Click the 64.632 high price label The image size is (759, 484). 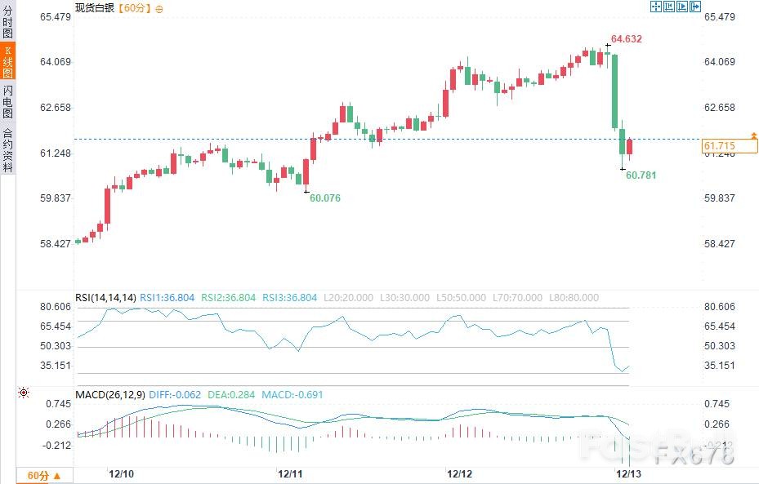coord(626,38)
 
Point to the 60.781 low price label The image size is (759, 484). coord(641,175)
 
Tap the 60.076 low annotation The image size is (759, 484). coord(325,198)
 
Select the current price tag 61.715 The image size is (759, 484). coord(720,146)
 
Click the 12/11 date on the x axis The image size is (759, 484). coord(291,474)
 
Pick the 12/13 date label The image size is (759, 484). coord(627,474)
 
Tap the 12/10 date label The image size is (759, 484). coord(122,474)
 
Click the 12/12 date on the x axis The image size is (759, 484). coord(459,474)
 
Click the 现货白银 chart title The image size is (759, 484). coord(95,8)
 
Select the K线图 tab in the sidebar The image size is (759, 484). coord(8,61)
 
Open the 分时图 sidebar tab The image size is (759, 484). coord(8,22)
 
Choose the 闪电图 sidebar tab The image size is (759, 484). coord(8,101)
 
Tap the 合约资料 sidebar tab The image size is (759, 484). coord(8,149)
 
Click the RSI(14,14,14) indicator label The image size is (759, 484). coord(105,298)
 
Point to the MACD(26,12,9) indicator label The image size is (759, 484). coord(109,395)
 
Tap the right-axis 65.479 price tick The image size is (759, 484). coord(720,17)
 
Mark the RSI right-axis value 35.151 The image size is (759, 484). coord(720,366)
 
